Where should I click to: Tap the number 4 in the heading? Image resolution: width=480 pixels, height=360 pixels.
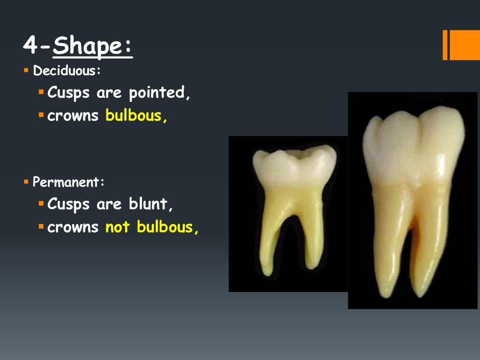[30, 46]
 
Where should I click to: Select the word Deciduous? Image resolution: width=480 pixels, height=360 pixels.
[66, 72]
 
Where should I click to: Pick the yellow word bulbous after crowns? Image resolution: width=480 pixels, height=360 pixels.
[135, 116]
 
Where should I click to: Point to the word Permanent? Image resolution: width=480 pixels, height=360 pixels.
[68, 182]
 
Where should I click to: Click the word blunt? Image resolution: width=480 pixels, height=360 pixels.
[148, 204]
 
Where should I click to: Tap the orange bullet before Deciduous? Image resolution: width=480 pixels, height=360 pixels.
[26, 71]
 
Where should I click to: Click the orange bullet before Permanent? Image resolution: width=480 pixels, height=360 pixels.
[26, 182]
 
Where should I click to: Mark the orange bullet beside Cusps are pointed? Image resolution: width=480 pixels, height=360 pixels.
[41, 92]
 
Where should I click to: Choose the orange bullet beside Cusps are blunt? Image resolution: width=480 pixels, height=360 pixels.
[41, 204]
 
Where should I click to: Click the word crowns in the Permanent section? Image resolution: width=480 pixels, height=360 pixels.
[73, 227]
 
